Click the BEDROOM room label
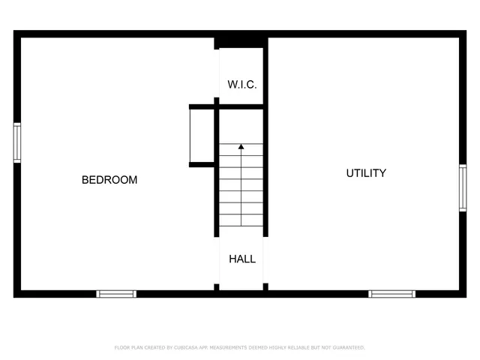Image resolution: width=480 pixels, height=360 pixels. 109,180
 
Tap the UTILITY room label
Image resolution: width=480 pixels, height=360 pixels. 366,173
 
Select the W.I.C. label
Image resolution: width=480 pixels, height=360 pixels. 241,85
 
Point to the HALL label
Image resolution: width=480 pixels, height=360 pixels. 241,259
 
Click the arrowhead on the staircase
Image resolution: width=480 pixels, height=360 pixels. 241,147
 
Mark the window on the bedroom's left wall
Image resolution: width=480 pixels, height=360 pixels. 17,142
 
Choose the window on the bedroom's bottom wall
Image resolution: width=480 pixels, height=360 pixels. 117,293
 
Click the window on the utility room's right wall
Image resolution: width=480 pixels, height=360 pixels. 463,187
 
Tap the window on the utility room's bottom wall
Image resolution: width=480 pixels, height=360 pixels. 391,293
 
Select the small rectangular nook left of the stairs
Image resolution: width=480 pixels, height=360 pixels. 202,136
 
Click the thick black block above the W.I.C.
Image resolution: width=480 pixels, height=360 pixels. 241,40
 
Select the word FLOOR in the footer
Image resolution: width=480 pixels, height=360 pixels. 121,348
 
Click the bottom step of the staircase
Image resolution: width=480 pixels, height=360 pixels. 241,222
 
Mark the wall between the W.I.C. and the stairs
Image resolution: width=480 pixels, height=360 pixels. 241,106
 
